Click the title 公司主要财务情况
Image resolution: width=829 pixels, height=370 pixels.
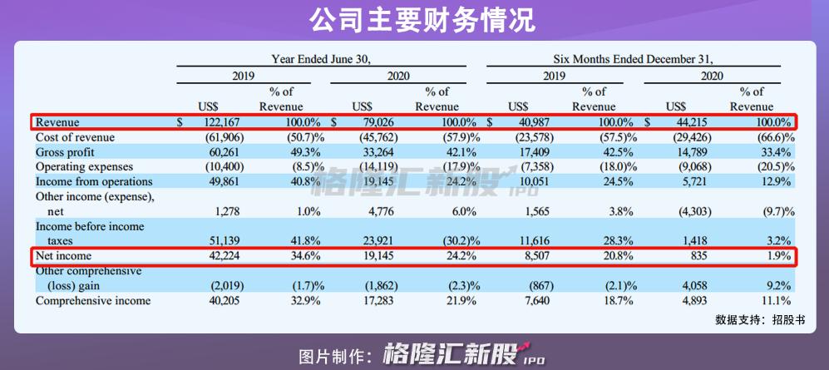point(413,19)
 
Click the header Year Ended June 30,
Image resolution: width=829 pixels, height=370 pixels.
point(320,59)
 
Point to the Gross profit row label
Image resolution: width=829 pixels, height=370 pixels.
point(65,152)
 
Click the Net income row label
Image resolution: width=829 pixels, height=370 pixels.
point(63,256)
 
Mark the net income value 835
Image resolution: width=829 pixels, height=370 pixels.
point(698,256)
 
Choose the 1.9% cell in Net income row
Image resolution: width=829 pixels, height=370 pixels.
point(777,256)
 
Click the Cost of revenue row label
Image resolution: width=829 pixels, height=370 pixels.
point(75,137)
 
